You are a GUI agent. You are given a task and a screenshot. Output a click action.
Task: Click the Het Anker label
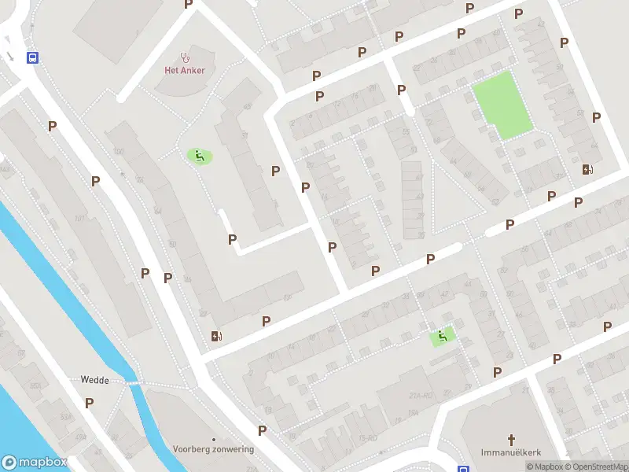click(x=185, y=70)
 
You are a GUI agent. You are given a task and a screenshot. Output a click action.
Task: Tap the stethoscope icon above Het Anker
click(x=186, y=57)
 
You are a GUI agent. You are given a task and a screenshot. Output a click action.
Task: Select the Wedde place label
click(x=94, y=379)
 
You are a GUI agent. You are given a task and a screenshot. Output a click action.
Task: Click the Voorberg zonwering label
click(x=213, y=449)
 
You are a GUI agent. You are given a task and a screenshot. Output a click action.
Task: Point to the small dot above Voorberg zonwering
click(x=213, y=439)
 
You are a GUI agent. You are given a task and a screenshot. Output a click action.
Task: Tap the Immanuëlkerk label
click(x=511, y=452)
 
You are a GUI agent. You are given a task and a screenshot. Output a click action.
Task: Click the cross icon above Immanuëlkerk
click(x=511, y=440)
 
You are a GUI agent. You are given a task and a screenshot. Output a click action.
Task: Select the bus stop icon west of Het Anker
click(x=33, y=57)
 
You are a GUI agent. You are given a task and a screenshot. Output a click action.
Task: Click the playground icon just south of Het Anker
click(x=199, y=157)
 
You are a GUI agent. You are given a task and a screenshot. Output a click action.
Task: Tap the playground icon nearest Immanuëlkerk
click(x=442, y=337)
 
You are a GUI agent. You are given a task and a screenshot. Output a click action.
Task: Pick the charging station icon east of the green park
click(x=587, y=169)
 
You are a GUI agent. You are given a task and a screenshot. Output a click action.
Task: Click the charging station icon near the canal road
click(x=217, y=337)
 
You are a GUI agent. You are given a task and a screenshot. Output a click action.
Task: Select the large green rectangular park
click(x=502, y=105)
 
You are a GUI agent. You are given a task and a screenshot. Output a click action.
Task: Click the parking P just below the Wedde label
click(x=90, y=403)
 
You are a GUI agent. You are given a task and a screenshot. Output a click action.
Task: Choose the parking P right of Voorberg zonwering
click(x=263, y=430)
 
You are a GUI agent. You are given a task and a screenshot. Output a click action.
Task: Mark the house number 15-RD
click(x=368, y=437)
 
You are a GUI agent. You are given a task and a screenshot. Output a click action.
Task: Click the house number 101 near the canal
click(x=79, y=219)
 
